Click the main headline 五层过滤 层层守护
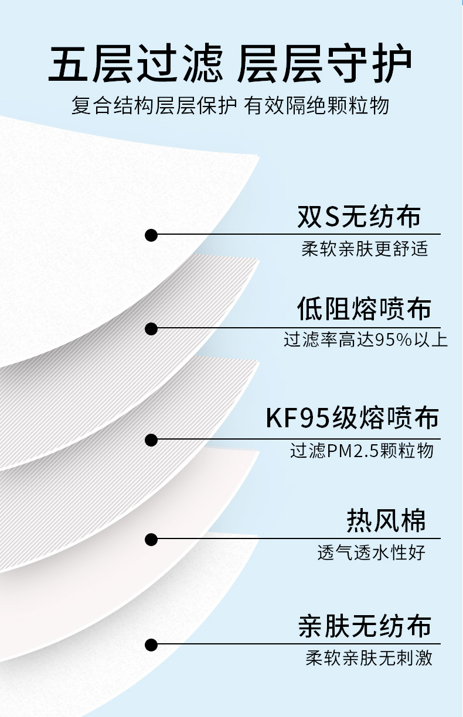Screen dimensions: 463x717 [x=230, y=63]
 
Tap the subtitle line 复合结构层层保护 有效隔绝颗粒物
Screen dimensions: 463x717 [x=230, y=105]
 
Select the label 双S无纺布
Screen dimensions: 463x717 [x=359, y=217]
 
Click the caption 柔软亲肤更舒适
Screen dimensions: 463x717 [x=365, y=249]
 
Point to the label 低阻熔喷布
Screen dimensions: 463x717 [x=364, y=308]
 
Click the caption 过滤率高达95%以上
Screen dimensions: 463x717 [x=366, y=339]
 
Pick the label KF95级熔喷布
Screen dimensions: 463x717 [x=352, y=417]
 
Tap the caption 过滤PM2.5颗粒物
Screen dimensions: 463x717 [x=362, y=450]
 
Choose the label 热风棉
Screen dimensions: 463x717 [x=386, y=520]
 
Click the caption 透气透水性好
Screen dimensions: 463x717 [x=372, y=552]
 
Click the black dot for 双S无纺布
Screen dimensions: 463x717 [x=151, y=235]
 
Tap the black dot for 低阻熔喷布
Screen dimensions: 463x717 [x=151, y=329]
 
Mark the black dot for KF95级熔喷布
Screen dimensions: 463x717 [x=151, y=440]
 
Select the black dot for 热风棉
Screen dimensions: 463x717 [x=151, y=539]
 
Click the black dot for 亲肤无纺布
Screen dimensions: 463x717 [x=151, y=644]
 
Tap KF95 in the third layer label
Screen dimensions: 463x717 [x=298, y=418]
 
